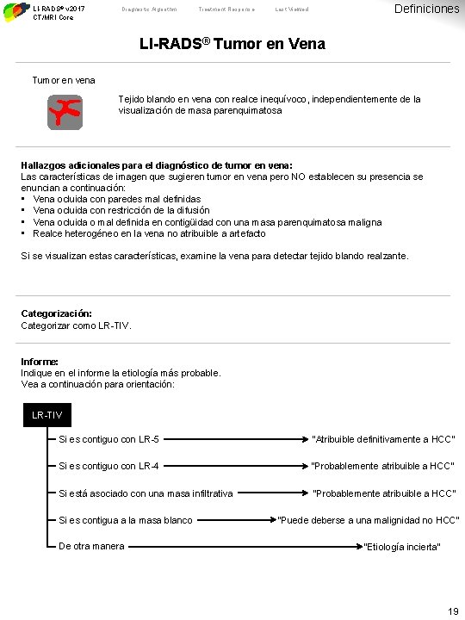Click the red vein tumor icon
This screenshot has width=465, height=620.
65,112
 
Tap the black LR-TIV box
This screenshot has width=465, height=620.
46,416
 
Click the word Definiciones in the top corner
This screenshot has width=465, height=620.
426,9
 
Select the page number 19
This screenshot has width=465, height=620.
453,611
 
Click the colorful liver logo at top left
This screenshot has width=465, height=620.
15,10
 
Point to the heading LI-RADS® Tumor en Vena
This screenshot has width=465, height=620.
232,43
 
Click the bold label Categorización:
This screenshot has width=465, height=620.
56,314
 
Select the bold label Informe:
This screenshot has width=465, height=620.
40,362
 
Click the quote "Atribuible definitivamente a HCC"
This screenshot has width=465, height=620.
383,440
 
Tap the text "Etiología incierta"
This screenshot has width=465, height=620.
402,548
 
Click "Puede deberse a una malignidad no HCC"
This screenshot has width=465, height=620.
369,520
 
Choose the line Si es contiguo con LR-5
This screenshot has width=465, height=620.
108,439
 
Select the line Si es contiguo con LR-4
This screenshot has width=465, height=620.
108,467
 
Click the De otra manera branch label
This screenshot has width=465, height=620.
91,546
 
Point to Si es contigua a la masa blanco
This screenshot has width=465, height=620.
125,520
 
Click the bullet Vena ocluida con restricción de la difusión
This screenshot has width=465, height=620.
121,210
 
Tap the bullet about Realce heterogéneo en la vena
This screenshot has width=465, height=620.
149,233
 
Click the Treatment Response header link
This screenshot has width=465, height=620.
226,9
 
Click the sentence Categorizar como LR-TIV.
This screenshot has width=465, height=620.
77,326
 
